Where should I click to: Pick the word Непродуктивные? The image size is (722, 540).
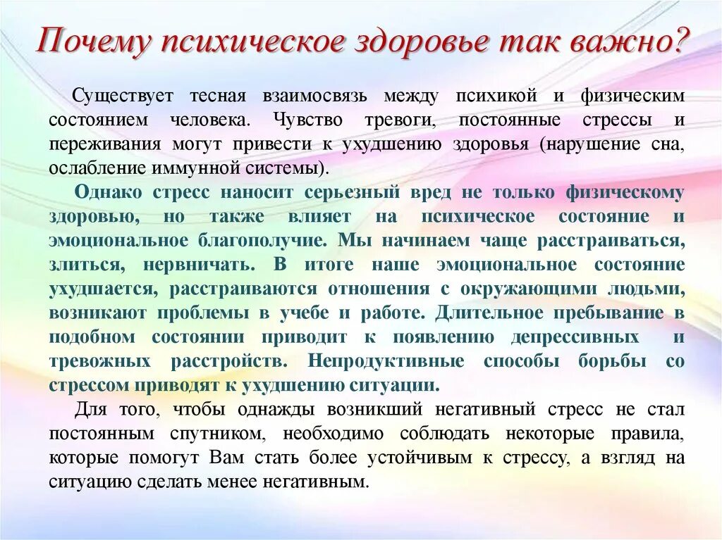tap(386, 362)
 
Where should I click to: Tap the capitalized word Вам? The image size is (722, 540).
tap(226, 458)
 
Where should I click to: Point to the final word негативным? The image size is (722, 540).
tap(324, 482)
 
